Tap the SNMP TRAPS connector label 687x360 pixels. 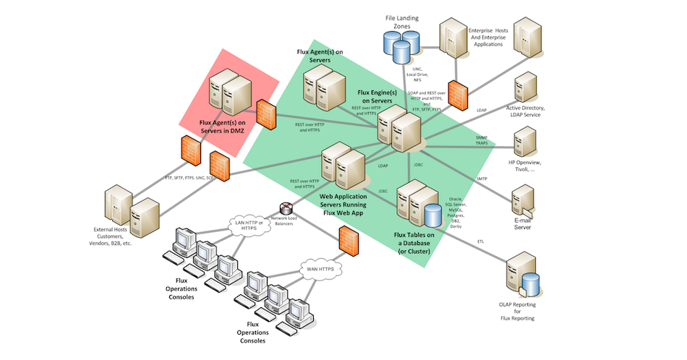pyautogui.click(x=482, y=140)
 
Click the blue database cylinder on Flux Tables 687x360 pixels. pyautogui.click(x=433, y=215)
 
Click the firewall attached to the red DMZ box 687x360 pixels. pyautogui.click(x=265, y=111)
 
